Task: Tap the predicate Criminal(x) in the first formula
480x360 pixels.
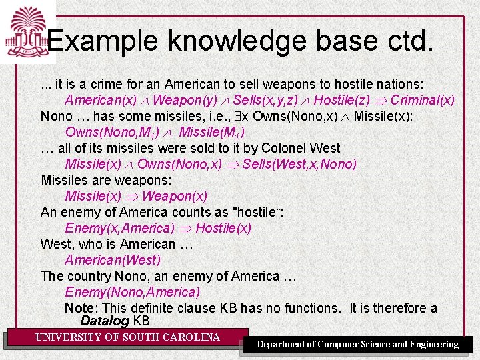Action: point(423,100)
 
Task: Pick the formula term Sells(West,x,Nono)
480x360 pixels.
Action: point(300,164)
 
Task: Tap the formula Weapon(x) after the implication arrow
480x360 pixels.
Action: point(175,196)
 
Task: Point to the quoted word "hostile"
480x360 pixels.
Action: point(256,212)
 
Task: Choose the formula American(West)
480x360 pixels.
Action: point(113,260)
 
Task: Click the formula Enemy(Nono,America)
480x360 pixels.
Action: point(132,292)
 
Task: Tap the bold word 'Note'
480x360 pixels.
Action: point(79,308)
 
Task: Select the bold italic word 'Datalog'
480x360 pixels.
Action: point(105,321)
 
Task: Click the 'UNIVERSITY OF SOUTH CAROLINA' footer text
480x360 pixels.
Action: point(127,337)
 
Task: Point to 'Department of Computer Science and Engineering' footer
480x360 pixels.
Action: point(358,344)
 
